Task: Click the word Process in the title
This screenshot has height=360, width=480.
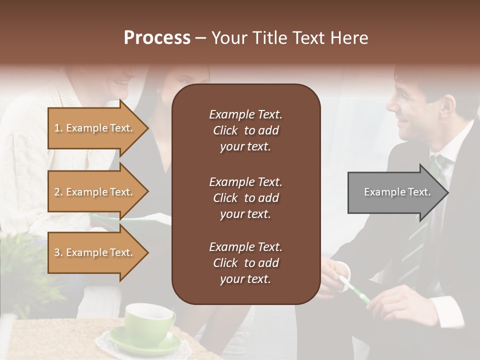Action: click(157, 38)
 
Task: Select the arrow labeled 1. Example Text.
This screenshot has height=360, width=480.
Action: click(95, 128)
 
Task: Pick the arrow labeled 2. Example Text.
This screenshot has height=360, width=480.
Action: click(95, 192)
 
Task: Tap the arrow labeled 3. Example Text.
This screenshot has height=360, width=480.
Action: click(95, 252)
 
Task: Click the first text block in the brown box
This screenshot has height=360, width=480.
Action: click(245, 130)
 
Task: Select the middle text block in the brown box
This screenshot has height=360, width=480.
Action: click(245, 197)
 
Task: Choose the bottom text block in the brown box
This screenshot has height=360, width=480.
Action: click(245, 263)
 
